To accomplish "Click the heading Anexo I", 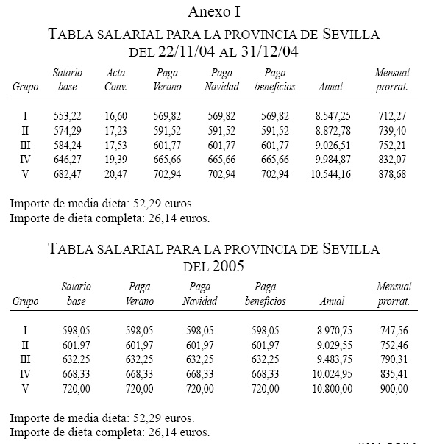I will (x=214, y=12).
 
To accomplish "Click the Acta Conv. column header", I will (x=116, y=80).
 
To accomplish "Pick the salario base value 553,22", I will (x=67, y=116).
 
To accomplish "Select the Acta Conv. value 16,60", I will (x=116, y=116).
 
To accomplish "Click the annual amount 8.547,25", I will (x=331, y=116).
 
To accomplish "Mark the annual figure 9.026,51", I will (x=331, y=146).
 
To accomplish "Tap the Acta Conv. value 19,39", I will (x=116, y=160).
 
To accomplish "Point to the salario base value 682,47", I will (x=67, y=174).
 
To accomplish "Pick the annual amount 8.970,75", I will (x=331, y=331).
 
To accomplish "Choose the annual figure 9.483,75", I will (x=331, y=360).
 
